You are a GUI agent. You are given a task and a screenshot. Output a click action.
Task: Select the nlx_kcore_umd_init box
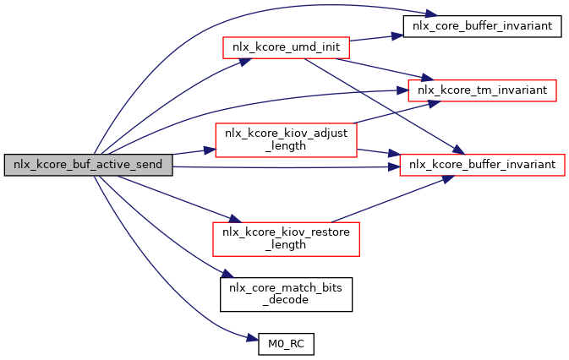point(286,48)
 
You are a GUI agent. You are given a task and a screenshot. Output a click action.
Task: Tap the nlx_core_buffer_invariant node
point(481,26)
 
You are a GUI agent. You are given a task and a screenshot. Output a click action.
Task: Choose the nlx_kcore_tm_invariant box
point(482,89)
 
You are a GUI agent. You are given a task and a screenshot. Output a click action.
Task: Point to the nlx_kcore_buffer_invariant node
point(482,165)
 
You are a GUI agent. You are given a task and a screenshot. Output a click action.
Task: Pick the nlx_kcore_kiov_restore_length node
point(286,238)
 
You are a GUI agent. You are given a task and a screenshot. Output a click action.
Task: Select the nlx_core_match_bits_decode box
point(286,292)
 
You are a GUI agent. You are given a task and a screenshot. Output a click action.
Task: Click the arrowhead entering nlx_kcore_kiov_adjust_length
point(211,150)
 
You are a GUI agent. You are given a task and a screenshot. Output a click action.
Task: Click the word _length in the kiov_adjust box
point(286,146)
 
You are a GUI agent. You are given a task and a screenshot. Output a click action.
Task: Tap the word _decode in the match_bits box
point(286,299)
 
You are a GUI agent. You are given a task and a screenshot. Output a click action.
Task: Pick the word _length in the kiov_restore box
point(286,245)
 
